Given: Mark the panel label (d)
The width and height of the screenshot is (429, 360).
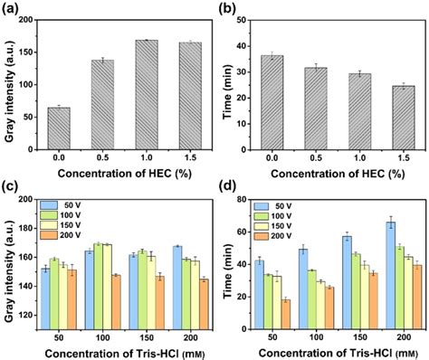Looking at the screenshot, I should pyautogui.click(x=233, y=187).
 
